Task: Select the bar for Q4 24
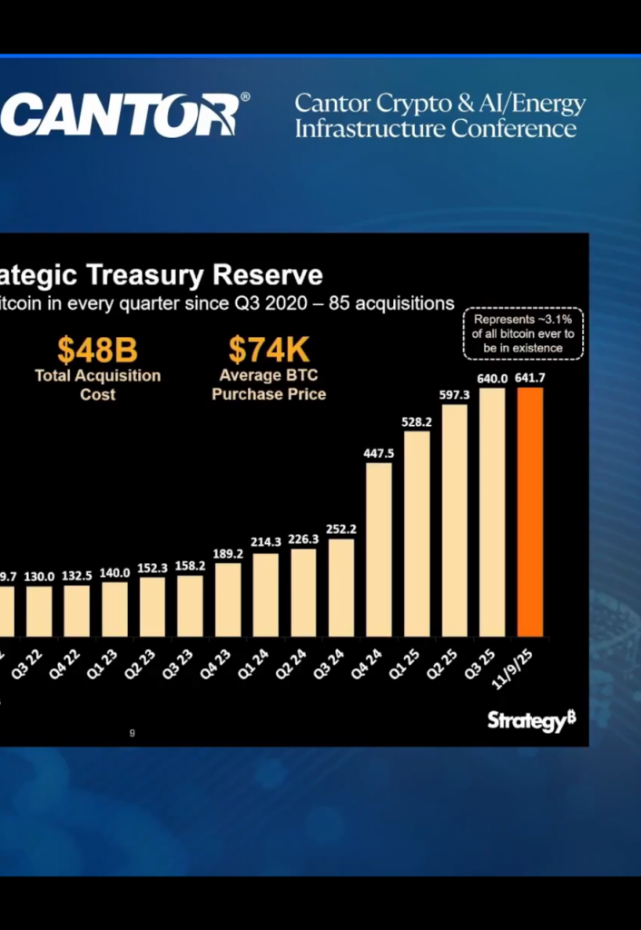pos(380,549)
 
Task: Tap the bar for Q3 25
pos(492,512)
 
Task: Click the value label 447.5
pos(379,453)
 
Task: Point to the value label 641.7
pos(530,378)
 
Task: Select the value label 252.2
pos(341,529)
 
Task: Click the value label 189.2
pos(228,552)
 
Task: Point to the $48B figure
pos(97,350)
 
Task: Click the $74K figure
pos(269,350)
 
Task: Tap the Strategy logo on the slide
pos(531,720)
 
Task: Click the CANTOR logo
pos(123,114)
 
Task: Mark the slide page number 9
pos(133,733)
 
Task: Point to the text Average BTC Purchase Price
pos(269,384)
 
